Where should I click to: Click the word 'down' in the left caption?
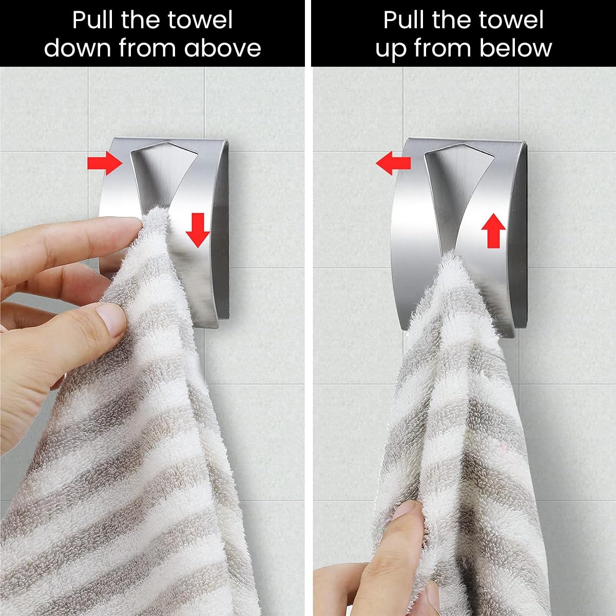pos(77,48)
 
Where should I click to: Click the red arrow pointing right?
pos(105,163)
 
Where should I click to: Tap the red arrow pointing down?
pos(198,230)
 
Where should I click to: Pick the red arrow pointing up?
pos(493,231)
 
